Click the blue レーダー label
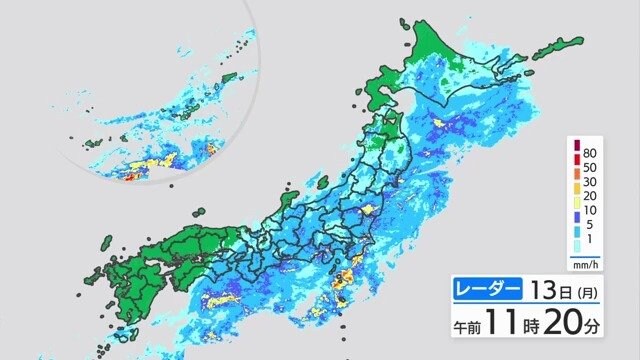click(488, 290)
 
